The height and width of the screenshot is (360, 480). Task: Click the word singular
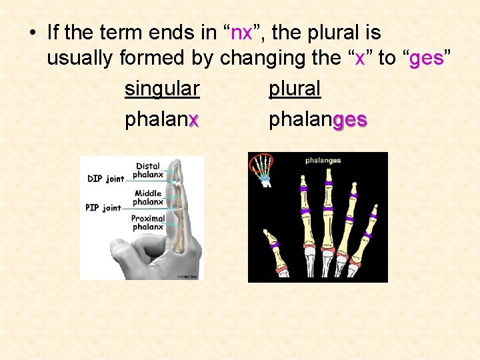[162, 89]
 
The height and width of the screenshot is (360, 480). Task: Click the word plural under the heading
[294, 89]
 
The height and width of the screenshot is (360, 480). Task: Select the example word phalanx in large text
[162, 120]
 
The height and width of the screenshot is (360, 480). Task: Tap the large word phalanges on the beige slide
[317, 120]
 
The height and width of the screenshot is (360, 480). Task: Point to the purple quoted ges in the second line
[427, 58]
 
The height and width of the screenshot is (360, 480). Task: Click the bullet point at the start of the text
[32, 33]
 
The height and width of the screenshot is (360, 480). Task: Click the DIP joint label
[105, 179]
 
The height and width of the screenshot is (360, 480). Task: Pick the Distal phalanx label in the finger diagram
[147, 171]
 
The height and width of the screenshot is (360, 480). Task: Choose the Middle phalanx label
[147, 197]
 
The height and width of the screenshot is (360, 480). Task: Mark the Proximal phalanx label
[147, 223]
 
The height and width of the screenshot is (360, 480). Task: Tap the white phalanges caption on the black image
[323, 160]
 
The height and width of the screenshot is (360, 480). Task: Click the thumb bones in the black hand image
[274, 250]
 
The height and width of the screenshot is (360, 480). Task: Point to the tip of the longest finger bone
[329, 175]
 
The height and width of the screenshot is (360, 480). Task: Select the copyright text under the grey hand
[188, 276]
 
